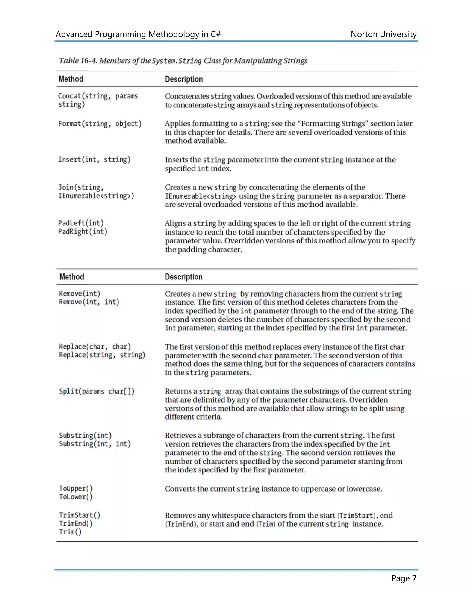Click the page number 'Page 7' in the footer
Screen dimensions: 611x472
coord(404,578)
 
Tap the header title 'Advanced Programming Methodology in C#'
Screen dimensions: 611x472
coord(138,34)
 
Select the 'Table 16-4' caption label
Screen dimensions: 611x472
coord(77,61)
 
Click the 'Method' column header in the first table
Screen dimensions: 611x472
coord(71,79)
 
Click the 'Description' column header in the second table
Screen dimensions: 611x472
coord(183,277)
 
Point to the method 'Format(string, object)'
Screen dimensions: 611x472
coord(100,124)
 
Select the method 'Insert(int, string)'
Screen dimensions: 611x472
coord(94,160)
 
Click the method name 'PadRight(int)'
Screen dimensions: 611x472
coord(83,232)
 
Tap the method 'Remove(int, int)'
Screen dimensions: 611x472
coord(89,302)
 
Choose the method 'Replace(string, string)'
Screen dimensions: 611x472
coord(102,355)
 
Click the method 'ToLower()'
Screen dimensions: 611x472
coord(76,497)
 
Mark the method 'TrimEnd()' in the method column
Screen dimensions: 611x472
coord(76,523)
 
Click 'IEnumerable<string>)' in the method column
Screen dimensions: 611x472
coord(96,196)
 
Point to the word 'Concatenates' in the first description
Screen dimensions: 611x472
coord(187,96)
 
